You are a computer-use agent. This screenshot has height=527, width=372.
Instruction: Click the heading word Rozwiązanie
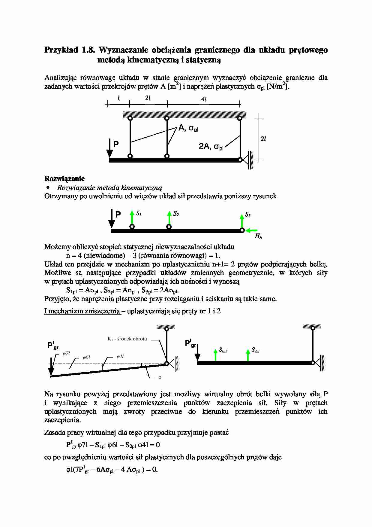[x=64, y=179]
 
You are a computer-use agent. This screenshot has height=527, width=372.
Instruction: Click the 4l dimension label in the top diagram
[x=204, y=99]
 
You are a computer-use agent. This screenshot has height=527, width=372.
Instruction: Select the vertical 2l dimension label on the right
[x=263, y=139]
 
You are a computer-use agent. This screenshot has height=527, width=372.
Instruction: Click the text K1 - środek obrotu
[x=127, y=339]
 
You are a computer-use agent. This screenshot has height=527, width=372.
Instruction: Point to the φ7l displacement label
[x=66, y=354]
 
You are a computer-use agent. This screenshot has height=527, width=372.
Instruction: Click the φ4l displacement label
[x=120, y=357]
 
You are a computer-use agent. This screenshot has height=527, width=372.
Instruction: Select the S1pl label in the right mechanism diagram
[x=223, y=350]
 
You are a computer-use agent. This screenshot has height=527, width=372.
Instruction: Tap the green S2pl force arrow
[x=248, y=355]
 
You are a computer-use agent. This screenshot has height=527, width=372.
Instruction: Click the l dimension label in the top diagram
[x=119, y=98]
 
